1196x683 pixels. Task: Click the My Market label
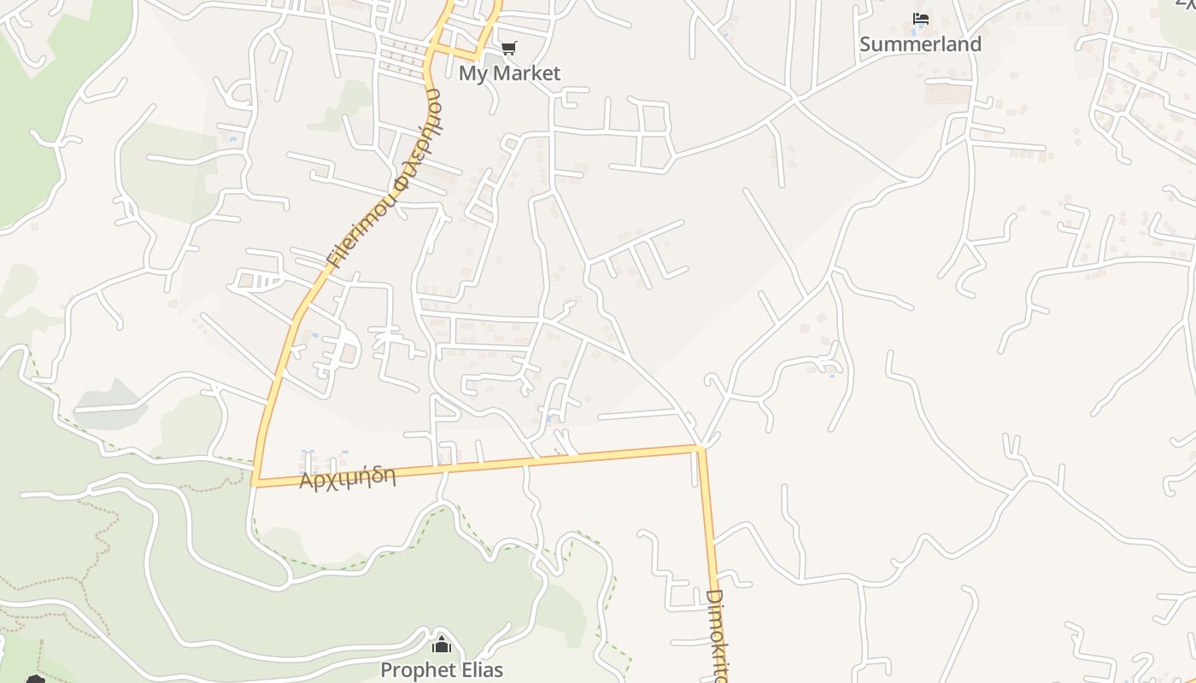coord(509,73)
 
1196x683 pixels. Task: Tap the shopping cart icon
coord(508,49)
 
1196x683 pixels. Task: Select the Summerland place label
coord(920,44)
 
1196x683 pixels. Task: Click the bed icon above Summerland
coord(920,19)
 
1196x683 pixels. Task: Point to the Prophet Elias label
coord(442,670)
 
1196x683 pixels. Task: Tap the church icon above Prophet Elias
coord(442,645)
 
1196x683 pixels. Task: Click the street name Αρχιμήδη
coord(348,477)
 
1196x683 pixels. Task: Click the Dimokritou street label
coord(718,636)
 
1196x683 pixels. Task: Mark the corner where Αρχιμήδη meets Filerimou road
coord(255,483)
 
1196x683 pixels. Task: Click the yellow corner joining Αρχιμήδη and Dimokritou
coord(700,447)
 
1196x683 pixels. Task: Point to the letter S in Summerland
coord(865,44)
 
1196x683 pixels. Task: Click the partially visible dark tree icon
coord(35,680)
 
